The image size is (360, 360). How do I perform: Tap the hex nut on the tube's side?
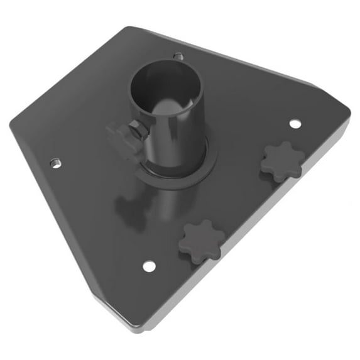click(138, 131)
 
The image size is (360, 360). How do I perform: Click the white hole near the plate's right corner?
click(295, 123)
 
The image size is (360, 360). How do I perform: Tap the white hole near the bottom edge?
click(148, 266)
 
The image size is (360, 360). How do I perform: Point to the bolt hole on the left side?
click(55, 163)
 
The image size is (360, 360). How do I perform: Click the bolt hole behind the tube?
click(178, 57)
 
